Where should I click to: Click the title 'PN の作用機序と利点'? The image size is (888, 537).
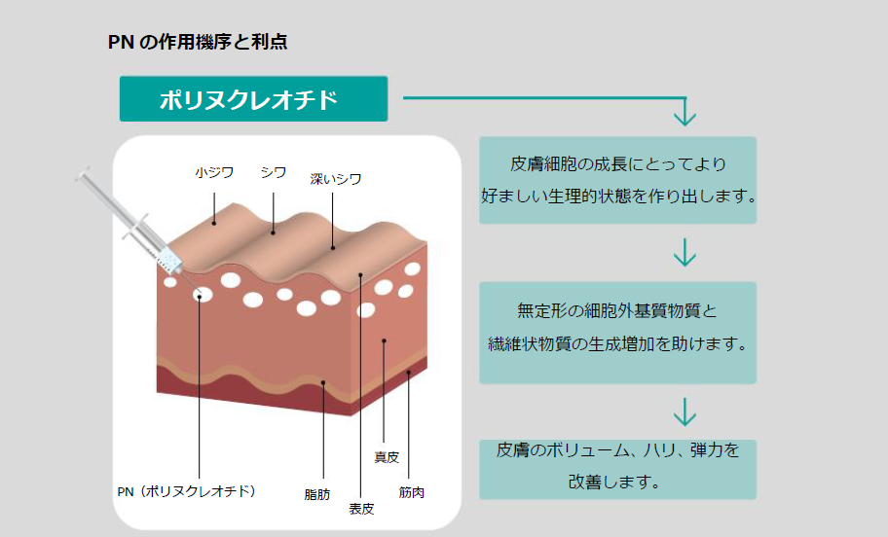(198, 43)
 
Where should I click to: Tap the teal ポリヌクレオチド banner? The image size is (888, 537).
(253, 99)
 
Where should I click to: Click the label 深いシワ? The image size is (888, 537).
(336, 178)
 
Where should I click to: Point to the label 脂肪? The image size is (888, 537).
(317, 494)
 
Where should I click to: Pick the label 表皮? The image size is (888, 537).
(361, 508)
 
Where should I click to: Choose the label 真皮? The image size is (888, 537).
(387, 457)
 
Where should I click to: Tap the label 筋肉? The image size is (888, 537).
(411, 491)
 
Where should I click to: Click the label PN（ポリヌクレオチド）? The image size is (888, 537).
(186, 491)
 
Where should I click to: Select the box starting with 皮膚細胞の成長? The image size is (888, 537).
(618, 180)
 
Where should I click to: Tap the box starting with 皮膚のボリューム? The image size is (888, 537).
(618, 466)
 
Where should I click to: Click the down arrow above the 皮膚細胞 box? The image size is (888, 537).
(684, 113)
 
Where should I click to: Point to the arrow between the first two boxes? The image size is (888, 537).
(684, 253)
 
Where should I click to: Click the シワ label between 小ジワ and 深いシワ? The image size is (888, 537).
(274, 172)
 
